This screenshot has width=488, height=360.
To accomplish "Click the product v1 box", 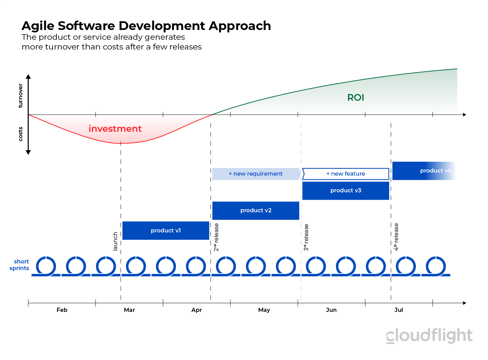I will pyautogui.click(x=166, y=230).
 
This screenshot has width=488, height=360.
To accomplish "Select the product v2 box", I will pyautogui.click(x=256, y=210).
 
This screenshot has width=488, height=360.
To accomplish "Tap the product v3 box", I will pyautogui.click(x=345, y=191).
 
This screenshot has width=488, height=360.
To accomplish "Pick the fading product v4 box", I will pyautogui.click(x=424, y=171).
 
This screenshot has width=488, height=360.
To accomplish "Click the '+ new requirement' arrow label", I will pyautogui.click(x=256, y=174).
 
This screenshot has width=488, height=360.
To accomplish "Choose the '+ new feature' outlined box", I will pyautogui.click(x=345, y=174).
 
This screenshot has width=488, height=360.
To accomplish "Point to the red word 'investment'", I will pyautogui.click(x=115, y=129).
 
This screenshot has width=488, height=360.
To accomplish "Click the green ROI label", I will pyautogui.click(x=356, y=98).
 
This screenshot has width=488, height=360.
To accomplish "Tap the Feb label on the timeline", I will pyautogui.click(x=62, y=310).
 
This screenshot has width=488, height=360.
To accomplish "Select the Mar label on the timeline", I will pyautogui.click(x=129, y=310).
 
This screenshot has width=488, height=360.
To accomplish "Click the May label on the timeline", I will pyautogui.click(x=264, y=310).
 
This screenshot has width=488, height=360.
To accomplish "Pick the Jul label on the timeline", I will pyautogui.click(x=398, y=310).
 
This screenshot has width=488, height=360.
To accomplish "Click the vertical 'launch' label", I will pyautogui.click(x=115, y=241).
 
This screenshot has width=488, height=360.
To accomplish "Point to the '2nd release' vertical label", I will pyautogui.click(x=216, y=237).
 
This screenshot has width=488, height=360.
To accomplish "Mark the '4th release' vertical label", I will pyautogui.click(x=396, y=237).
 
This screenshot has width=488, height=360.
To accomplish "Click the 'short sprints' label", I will pyautogui.click(x=20, y=265).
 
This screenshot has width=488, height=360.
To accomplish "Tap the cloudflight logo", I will pyautogui.click(x=429, y=336).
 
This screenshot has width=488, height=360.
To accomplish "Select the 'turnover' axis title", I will pyautogui.click(x=21, y=95).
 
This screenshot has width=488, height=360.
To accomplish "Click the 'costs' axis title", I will pyautogui.click(x=21, y=134).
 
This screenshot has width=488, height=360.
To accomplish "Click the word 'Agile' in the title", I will pyautogui.click(x=38, y=26).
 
